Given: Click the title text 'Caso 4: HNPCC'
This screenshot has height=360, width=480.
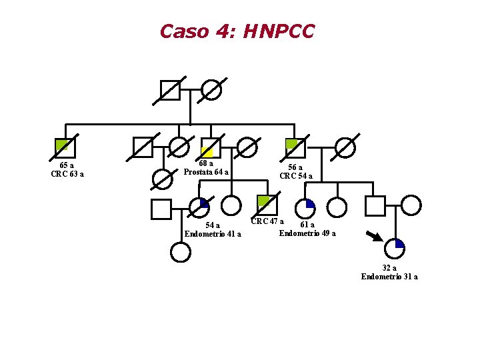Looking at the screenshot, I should point(237,31).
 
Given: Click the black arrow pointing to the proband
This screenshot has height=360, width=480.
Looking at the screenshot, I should point(374,235).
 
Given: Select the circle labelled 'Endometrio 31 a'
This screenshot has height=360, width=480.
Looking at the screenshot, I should point(395,248).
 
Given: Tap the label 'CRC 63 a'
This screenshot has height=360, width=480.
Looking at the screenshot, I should point(67,175).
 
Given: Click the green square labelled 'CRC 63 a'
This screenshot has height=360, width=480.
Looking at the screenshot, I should point(65,147).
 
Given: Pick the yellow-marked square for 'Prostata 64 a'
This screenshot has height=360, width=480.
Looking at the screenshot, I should point(211,147).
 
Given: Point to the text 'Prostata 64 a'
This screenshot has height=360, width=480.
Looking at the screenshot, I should point(206,172).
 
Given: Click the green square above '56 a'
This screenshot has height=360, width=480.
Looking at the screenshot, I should point(295,148).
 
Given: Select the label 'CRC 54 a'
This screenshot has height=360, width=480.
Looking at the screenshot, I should point(296,176).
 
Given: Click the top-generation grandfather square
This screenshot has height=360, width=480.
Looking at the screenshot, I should point(171,90).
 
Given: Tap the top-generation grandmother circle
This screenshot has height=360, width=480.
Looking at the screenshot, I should point(211,90).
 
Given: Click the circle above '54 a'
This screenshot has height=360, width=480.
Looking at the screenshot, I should point(199,208).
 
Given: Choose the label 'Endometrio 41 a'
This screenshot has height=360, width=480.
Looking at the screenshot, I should point(213,234).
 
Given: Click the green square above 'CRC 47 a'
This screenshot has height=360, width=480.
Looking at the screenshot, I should point(267,205).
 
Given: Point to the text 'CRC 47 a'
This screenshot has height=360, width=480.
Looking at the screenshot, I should point(267,221).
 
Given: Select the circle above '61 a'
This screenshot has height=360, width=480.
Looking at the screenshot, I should point(305,208).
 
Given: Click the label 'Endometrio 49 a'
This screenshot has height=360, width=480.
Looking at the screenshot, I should point(307,233).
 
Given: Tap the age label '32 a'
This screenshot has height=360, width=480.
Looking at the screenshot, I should point(389,268).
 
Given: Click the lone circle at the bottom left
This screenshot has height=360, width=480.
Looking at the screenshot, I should point(180,252).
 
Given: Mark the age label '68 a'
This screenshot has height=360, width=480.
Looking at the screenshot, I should point(206,163).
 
